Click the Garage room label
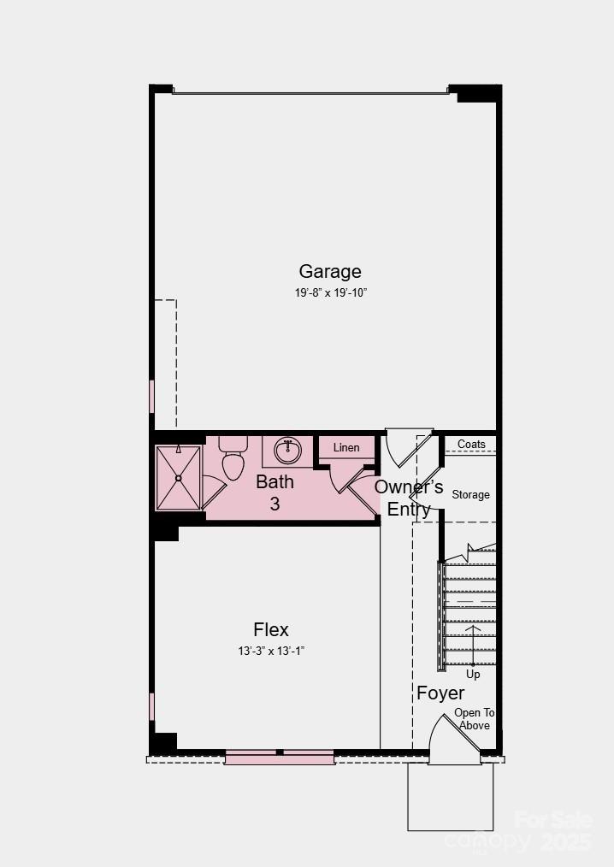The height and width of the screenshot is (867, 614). (330, 272)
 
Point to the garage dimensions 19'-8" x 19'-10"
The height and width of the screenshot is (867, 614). (330, 292)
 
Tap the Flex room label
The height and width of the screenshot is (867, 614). (271, 630)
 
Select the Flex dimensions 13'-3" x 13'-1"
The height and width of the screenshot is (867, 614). (271, 651)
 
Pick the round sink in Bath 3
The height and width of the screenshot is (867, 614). (287, 449)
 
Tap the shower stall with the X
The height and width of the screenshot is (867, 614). (178, 478)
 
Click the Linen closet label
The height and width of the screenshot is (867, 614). (346, 448)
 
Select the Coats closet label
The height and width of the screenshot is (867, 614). (471, 445)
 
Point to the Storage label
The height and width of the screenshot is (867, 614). (470, 495)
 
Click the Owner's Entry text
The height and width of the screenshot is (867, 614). (409, 498)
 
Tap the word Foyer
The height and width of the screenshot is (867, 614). (440, 693)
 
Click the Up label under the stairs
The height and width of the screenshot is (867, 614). (473, 675)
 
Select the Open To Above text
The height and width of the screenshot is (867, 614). (474, 719)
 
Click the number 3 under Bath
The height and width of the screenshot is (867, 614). (275, 504)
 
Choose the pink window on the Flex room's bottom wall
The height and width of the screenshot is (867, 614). (279, 757)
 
